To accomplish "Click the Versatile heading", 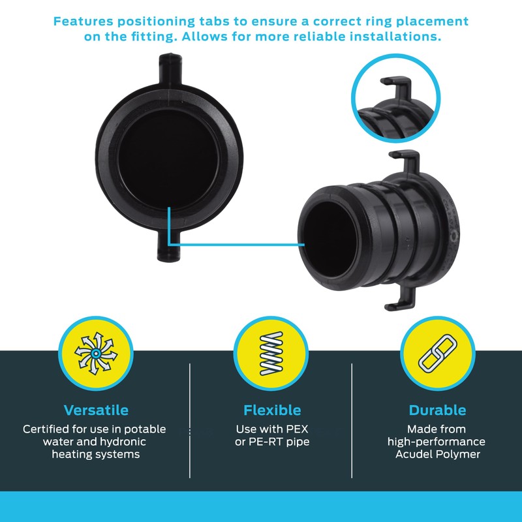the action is (96, 410).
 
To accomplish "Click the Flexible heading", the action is (272, 410).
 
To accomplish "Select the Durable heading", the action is (437, 410).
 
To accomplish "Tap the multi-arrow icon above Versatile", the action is (95, 353).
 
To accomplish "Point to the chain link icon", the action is (437, 353).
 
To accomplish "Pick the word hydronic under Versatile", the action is (120, 442).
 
